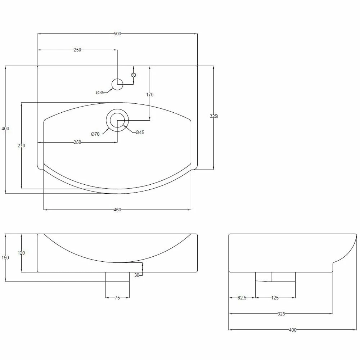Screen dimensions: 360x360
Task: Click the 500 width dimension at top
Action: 117,34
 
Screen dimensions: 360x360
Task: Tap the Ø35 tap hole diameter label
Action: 100,93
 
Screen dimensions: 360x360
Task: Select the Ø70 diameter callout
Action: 95,134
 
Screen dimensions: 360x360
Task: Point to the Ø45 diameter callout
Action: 140,132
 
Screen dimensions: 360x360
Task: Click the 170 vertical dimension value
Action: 149,95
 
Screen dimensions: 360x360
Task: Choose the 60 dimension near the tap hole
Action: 134,75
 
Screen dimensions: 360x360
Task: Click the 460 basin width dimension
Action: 117,210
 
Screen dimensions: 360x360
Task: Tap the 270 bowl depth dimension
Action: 21,145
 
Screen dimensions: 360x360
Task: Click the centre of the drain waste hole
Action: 117,120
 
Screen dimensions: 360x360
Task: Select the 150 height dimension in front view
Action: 5,258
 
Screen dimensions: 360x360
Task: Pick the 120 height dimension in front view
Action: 21,253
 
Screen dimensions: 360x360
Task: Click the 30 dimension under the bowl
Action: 137,275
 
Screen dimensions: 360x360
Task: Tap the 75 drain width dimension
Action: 117,298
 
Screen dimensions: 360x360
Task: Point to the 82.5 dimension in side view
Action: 242,298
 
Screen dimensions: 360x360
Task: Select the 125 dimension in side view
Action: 275,298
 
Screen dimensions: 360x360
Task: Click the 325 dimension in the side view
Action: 281,314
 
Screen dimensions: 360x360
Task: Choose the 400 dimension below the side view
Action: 292,330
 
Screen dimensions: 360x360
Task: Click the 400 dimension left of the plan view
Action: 5,129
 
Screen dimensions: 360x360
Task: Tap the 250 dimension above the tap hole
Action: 77,50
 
